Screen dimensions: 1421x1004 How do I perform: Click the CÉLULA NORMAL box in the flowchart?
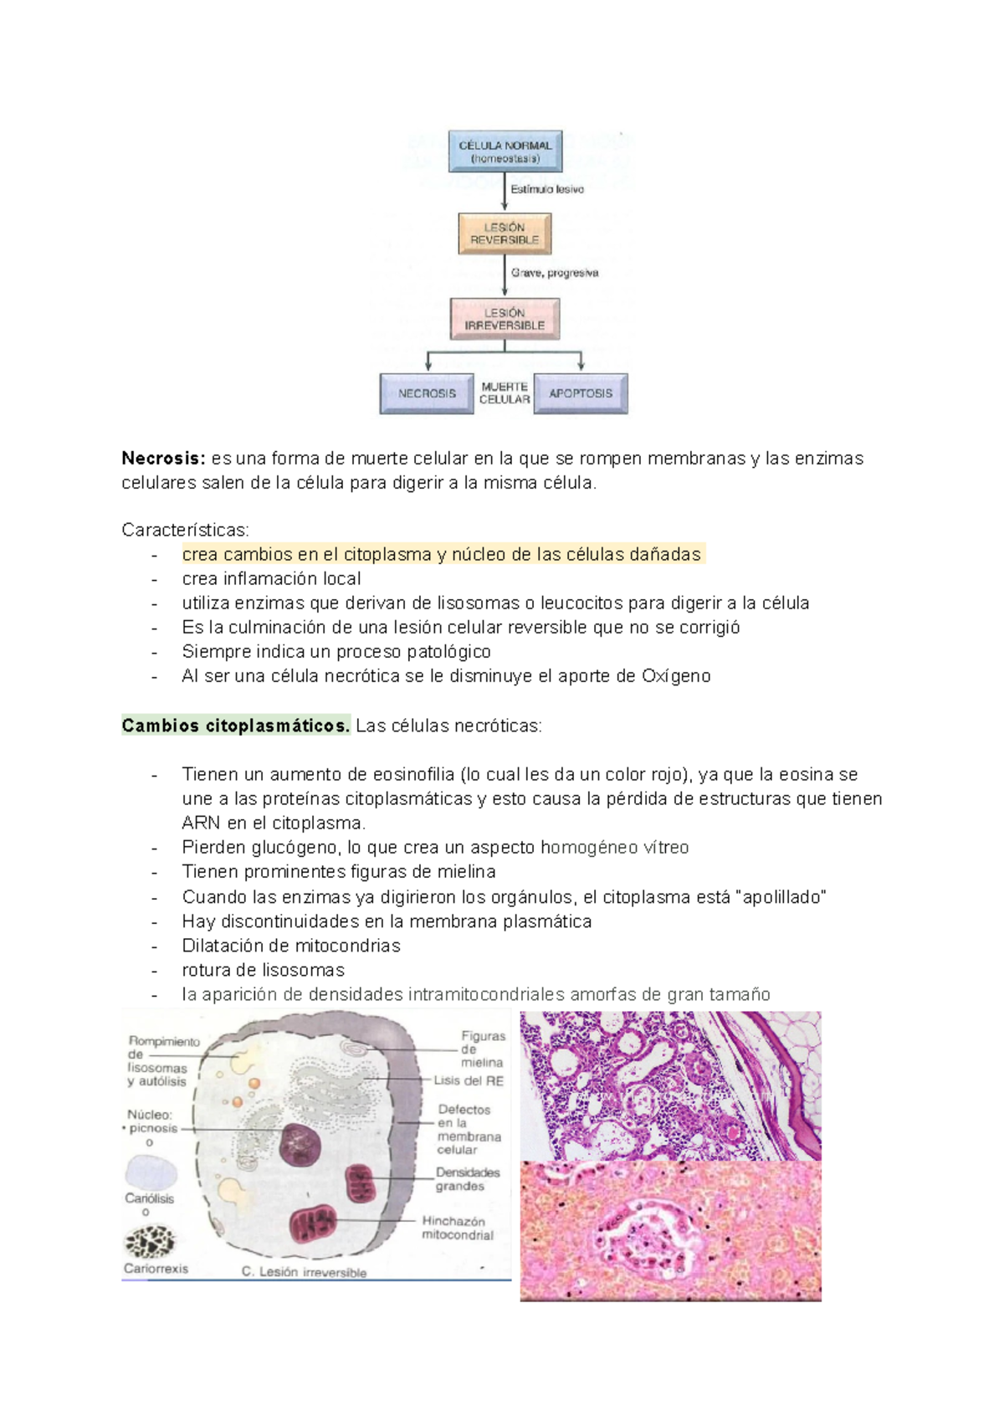[505, 151]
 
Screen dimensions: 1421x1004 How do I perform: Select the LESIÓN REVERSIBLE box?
[505, 233]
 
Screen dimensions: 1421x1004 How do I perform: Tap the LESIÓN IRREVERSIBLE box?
[505, 319]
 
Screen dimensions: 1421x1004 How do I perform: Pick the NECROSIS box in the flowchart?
[427, 393]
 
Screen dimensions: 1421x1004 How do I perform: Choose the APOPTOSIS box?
[581, 393]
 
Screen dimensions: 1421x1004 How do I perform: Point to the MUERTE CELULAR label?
[505, 393]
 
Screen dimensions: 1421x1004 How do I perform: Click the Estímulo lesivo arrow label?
[547, 190]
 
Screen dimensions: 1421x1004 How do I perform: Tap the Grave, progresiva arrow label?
[555, 273]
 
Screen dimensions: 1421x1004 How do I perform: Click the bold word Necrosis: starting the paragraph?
[163, 459]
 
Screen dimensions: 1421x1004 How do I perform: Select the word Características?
[185, 531]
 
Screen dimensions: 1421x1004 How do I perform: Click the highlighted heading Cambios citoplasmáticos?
[236, 726]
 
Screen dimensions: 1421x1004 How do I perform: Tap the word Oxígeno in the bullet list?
[676, 676]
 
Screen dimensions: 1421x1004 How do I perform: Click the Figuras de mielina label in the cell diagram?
[483, 1049]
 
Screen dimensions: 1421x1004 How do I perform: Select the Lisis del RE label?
[469, 1081]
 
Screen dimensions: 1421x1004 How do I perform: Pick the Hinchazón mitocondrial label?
[457, 1228]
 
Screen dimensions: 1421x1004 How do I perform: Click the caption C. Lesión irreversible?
[304, 1272]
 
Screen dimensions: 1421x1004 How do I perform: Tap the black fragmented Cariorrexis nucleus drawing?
[151, 1242]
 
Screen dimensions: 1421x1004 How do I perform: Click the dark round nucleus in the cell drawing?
[300, 1145]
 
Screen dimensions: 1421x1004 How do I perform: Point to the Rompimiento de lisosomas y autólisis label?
[162, 1061]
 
